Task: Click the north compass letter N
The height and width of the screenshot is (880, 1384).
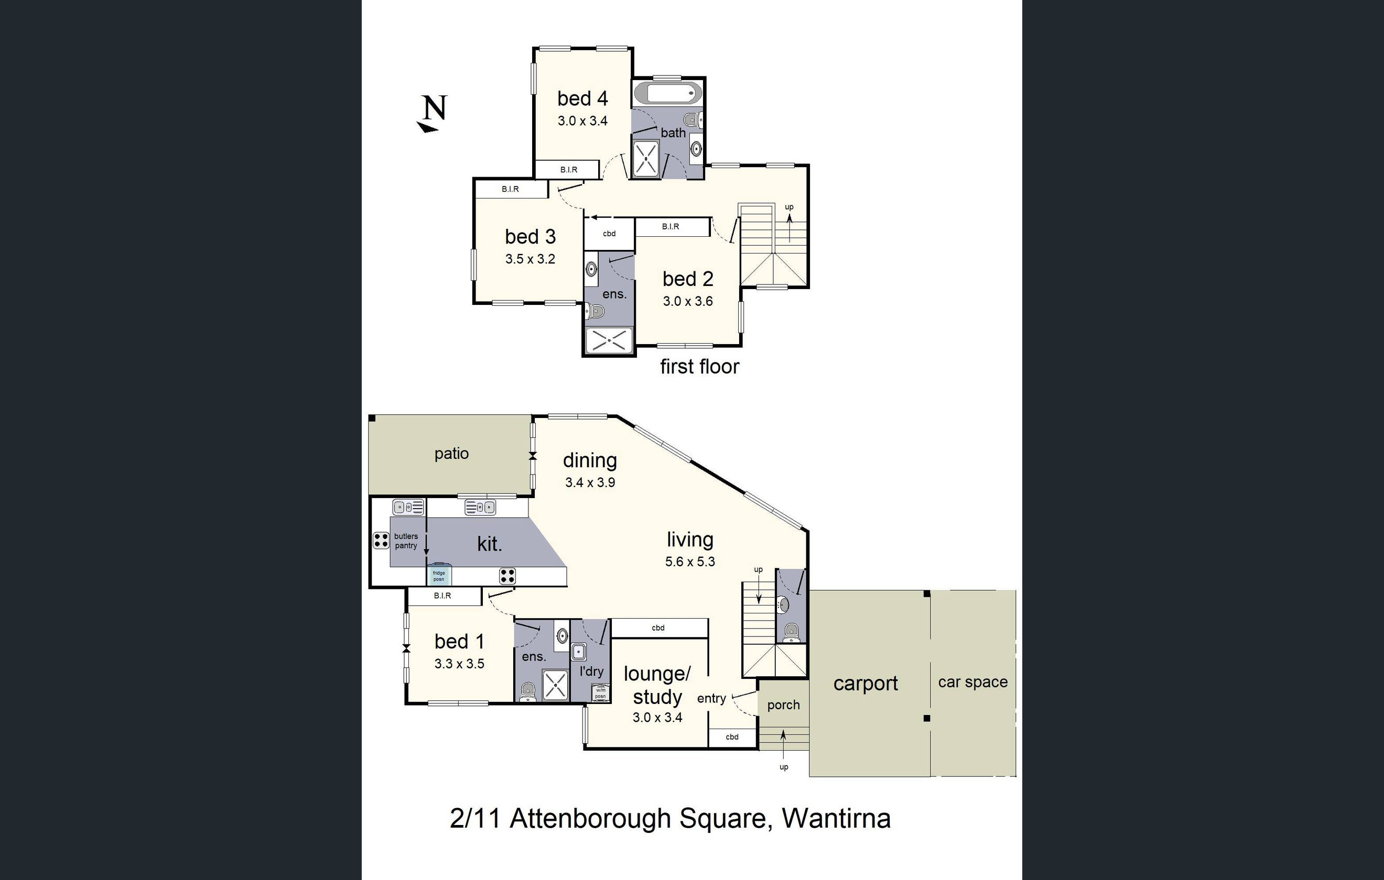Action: [x=435, y=107]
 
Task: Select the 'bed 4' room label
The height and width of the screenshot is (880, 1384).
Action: [x=582, y=99]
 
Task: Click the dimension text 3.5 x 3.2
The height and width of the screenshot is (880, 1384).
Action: [x=530, y=259]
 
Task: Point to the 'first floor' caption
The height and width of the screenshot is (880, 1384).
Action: [x=699, y=367]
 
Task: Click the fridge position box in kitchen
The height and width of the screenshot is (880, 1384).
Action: [x=439, y=576]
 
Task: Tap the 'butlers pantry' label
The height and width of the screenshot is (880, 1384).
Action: [x=406, y=541]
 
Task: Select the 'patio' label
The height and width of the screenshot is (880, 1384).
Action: [x=451, y=454]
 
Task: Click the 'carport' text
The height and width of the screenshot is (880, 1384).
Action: [x=865, y=684]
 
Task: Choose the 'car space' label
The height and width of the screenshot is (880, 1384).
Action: [x=972, y=682]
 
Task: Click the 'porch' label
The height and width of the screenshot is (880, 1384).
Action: [x=783, y=705]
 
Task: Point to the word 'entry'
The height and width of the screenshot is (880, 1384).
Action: [x=711, y=698]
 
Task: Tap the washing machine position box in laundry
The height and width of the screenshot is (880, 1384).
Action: [x=600, y=694]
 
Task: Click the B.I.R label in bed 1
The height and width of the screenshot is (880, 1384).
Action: [x=442, y=596]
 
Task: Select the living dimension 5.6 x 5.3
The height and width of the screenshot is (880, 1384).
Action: [x=690, y=562]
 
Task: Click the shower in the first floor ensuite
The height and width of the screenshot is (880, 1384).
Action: [x=609, y=340]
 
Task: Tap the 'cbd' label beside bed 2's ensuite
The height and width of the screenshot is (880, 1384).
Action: [x=609, y=234]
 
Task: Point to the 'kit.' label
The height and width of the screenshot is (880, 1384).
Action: [x=489, y=543]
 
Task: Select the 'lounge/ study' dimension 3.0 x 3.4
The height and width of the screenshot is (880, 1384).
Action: [x=657, y=718]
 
